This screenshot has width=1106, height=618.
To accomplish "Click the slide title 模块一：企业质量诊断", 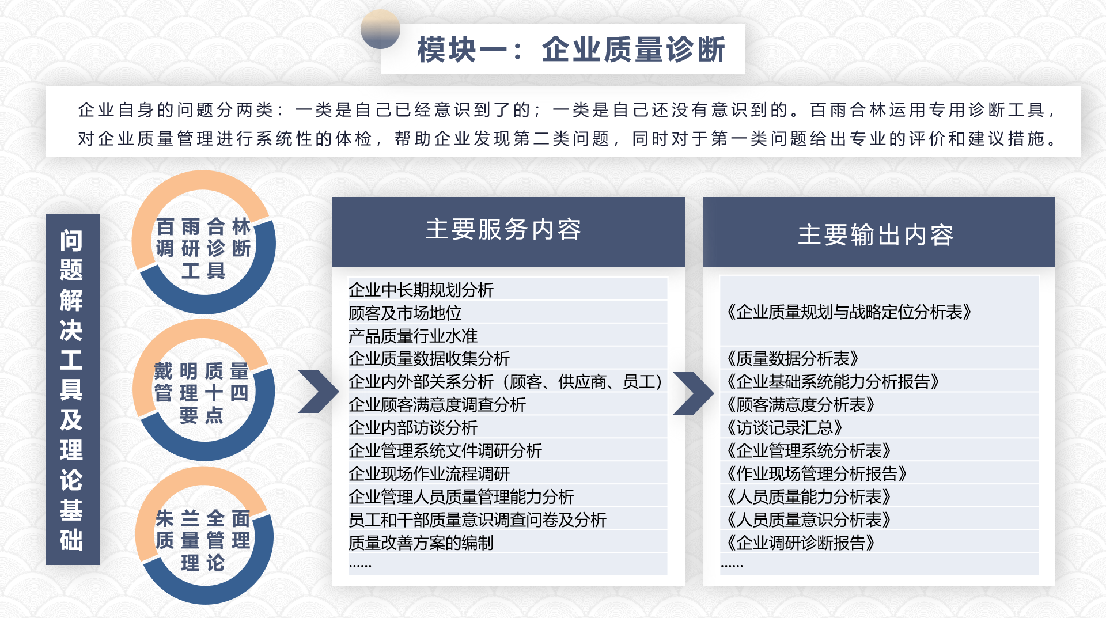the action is (x=571, y=50).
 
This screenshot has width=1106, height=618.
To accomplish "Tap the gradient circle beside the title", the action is (x=380, y=29).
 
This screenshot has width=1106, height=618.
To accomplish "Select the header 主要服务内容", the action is (x=503, y=229).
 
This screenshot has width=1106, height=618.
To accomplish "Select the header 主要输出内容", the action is (x=876, y=235).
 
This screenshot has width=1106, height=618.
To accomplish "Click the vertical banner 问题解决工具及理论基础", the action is (x=72, y=389).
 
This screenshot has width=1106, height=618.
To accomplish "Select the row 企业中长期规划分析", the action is (x=421, y=290).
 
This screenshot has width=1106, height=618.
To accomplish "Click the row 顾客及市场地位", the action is (x=405, y=313).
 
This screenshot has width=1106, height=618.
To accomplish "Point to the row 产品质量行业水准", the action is (x=413, y=336).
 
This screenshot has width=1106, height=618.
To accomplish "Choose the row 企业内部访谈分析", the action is (x=413, y=428).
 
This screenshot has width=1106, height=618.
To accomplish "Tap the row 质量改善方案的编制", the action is (x=421, y=543).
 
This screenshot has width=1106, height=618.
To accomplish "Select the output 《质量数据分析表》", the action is (x=793, y=359).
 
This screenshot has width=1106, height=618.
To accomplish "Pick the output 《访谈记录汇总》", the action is (x=785, y=428).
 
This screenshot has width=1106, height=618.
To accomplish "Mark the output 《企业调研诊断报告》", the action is (x=801, y=543).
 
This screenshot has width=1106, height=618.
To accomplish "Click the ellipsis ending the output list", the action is (x=732, y=566).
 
